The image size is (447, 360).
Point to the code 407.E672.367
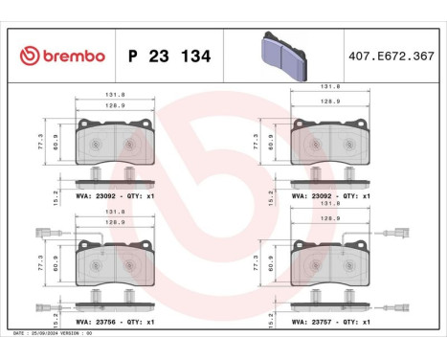393,56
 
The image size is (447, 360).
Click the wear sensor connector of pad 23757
401,234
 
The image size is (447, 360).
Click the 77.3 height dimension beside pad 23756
41,260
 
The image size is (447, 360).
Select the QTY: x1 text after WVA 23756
142,323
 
